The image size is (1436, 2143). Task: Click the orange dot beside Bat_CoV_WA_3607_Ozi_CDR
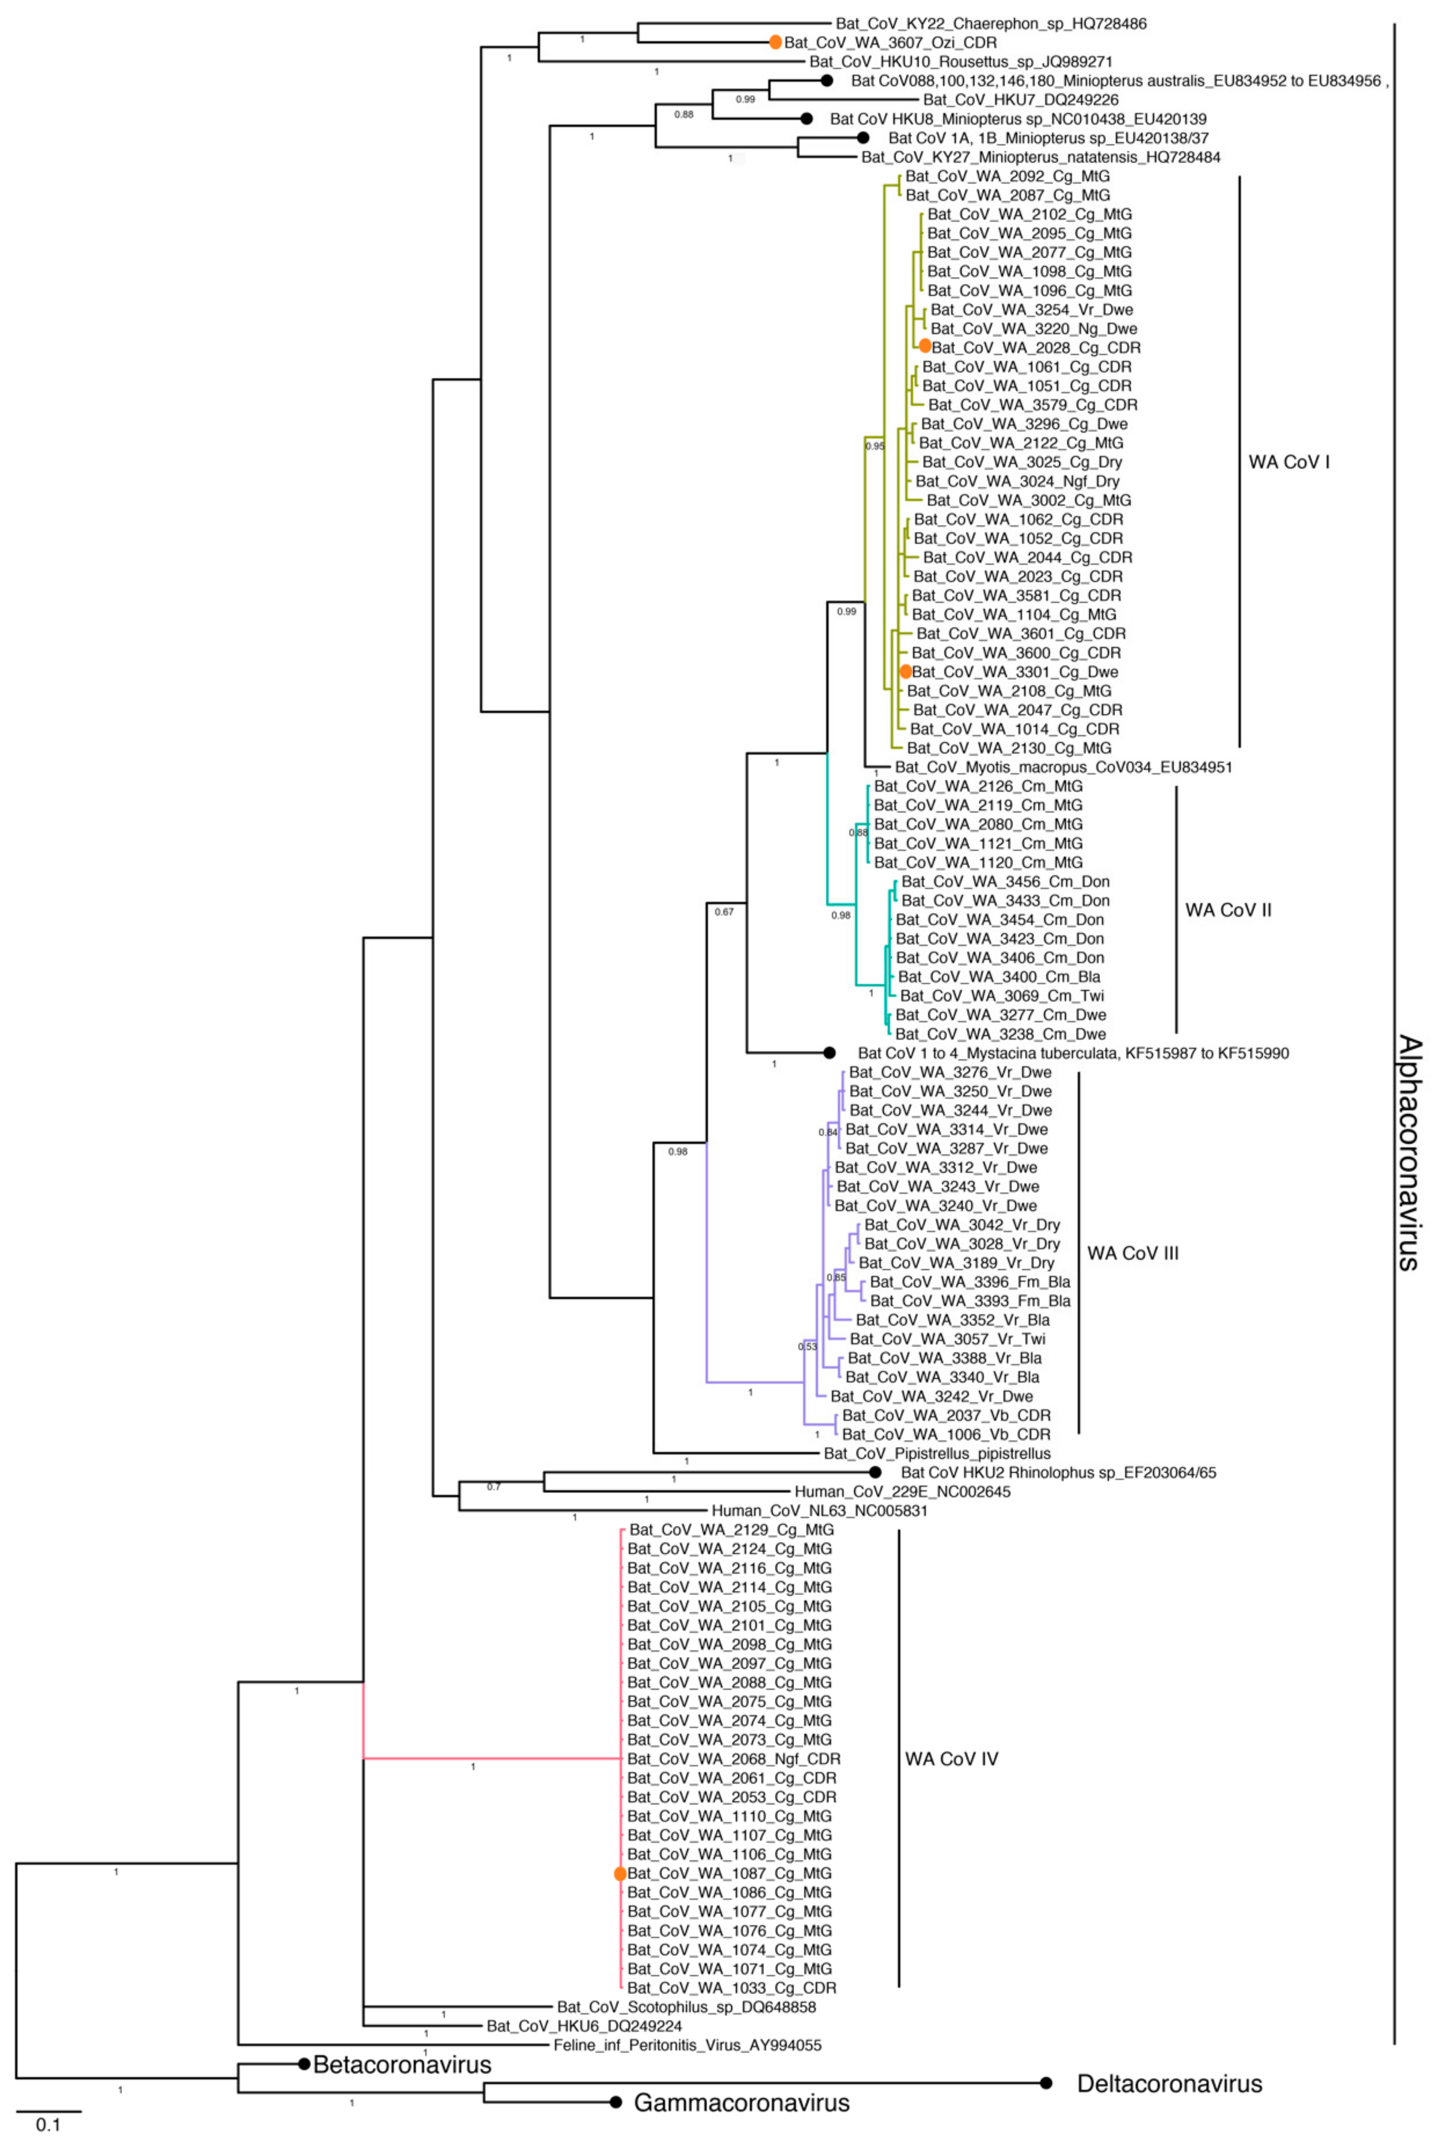coord(775,42)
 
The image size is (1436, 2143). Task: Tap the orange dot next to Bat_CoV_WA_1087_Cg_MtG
coord(620,1874)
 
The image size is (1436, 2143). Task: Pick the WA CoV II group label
coord(1228,910)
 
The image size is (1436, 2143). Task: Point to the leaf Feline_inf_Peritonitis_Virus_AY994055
coord(687,2044)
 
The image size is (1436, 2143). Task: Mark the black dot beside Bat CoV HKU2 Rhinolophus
coord(875,1472)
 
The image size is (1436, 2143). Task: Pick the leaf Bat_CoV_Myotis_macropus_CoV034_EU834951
coord(1063,767)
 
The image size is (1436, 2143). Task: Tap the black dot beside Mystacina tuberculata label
coord(829,1053)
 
